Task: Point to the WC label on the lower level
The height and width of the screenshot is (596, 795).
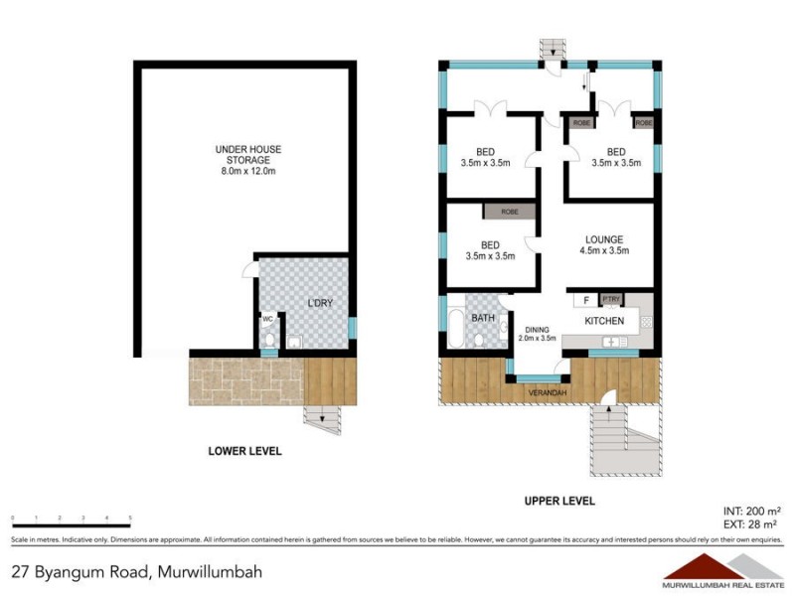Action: coord(267,319)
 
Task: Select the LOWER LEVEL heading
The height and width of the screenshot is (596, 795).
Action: coord(244,451)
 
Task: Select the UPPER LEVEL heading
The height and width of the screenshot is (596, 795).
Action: coord(559,502)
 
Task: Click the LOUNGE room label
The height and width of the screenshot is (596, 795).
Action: coord(604,239)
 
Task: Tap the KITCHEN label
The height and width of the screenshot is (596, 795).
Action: coord(604,321)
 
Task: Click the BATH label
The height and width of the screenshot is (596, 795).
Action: coord(483,318)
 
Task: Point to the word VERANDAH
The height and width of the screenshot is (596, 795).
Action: coord(548,394)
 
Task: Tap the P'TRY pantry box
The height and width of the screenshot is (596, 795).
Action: coord(612,299)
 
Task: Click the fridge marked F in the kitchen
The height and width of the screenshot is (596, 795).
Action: coord(586,299)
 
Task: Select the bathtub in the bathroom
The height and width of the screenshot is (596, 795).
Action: coord(455,327)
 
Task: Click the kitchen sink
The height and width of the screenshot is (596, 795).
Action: coord(612,342)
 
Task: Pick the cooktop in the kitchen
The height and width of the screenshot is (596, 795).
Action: coord(645,320)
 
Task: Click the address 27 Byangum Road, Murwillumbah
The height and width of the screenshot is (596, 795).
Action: coord(139,572)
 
